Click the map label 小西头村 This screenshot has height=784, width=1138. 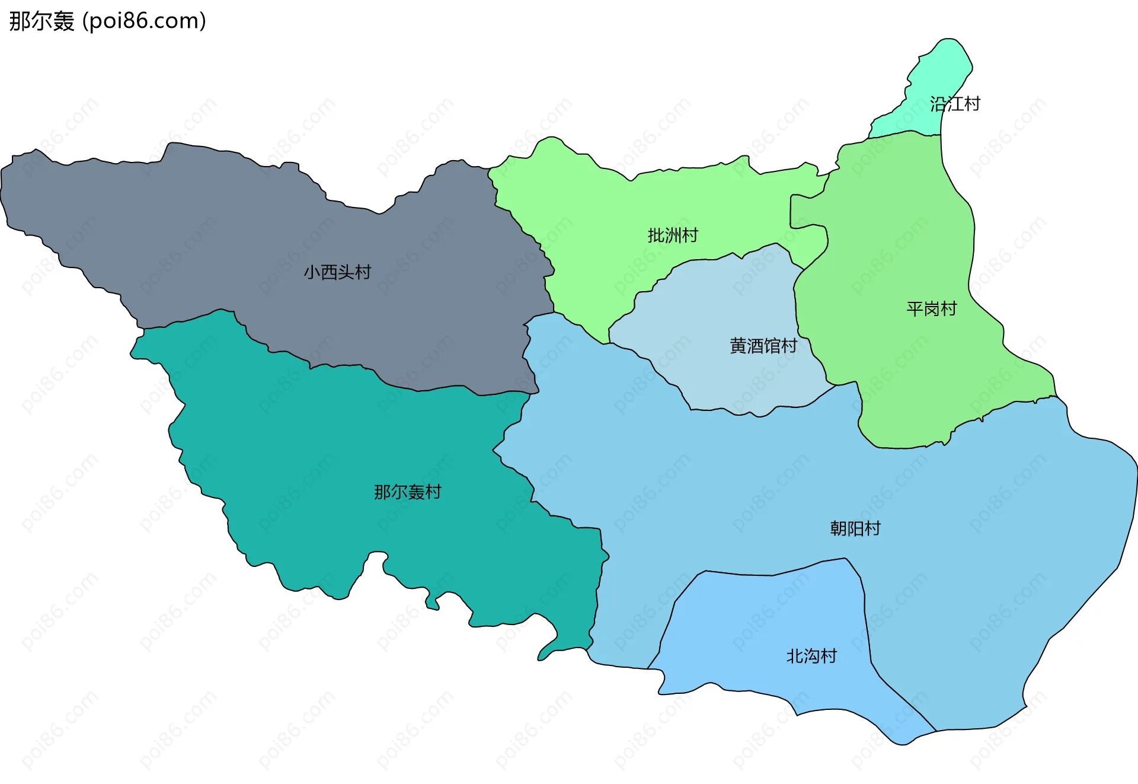(x=337, y=272)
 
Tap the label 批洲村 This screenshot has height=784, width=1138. (x=673, y=235)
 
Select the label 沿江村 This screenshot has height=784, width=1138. (x=955, y=104)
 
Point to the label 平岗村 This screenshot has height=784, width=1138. (x=931, y=309)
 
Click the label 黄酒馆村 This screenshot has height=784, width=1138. (x=763, y=346)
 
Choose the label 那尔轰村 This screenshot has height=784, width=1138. (x=407, y=492)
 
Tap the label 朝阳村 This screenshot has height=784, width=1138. (x=855, y=528)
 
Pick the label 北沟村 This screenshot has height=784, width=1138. (x=811, y=656)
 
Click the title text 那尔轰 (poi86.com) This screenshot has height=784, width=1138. (x=107, y=21)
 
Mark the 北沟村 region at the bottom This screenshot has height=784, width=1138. (x=771, y=623)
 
